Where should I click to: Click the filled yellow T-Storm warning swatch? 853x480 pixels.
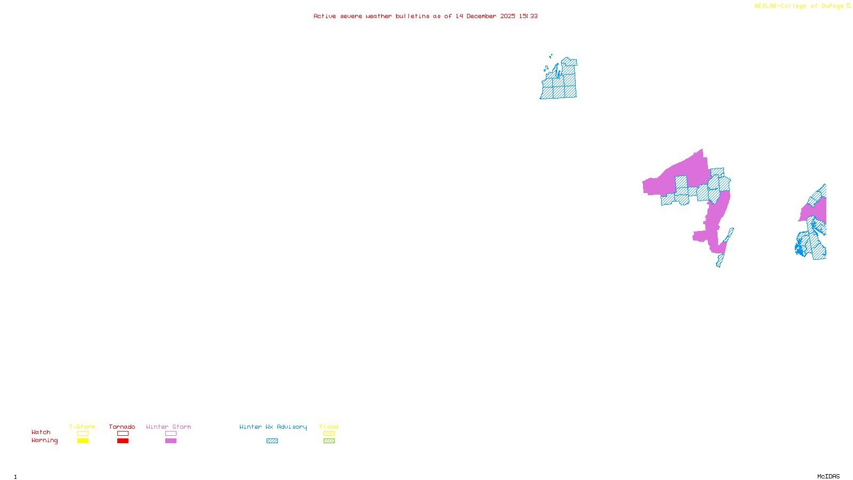(x=83, y=441)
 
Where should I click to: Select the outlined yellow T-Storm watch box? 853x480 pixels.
(x=83, y=434)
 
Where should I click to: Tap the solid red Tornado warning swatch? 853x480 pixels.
(x=123, y=441)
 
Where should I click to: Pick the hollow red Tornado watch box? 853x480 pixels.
(x=123, y=434)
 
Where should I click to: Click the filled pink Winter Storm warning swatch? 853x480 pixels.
(x=171, y=441)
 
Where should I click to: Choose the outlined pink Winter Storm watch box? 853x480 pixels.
(x=171, y=434)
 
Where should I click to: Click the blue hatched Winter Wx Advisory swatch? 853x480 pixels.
(x=272, y=441)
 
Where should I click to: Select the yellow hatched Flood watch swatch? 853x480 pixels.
(x=329, y=434)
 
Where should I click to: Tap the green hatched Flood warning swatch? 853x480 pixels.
(x=329, y=441)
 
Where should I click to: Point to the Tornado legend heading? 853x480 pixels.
(x=122, y=427)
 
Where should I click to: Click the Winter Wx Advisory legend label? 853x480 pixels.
(x=273, y=427)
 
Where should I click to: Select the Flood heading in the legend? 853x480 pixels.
(x=329, y=427)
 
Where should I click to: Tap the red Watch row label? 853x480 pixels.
(x=41, y=433)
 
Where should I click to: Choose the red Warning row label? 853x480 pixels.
(x=44, y=441)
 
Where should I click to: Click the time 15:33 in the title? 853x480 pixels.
(x=528, y=16)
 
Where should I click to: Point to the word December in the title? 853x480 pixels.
(x=481, y=16)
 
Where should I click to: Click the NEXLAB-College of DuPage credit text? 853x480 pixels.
(x=799, y=6)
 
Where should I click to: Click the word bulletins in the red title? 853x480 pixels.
(x=413, y=16)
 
